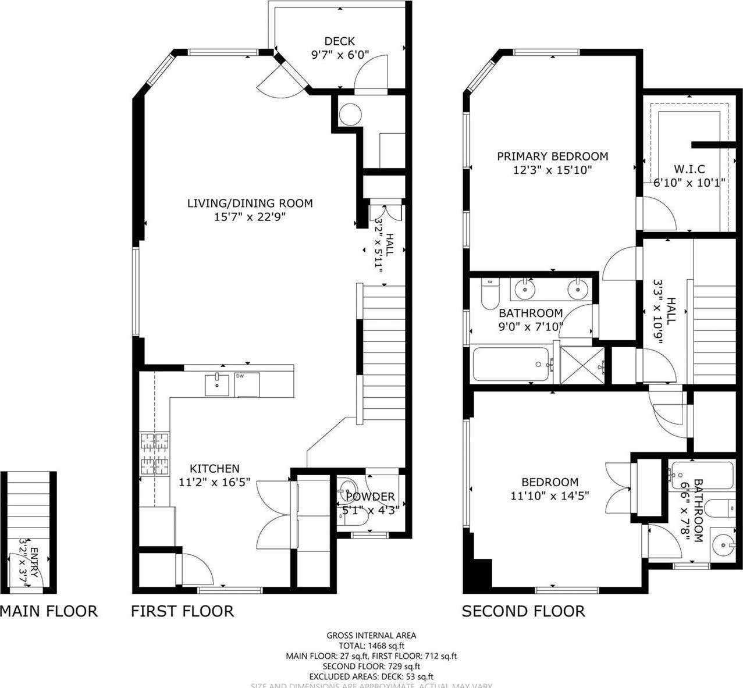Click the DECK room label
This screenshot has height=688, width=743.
[x=339, y=41]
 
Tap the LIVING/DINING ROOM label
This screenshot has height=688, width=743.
[x=250, y=203]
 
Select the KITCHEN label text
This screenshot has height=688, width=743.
[x=215, y=468]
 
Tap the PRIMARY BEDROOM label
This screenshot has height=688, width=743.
[x=552, y=156]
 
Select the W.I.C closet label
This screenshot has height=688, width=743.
[x=689, y=169]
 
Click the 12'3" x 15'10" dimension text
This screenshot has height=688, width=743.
[x=552, y=170]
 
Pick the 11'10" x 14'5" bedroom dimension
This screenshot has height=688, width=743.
[x=550, y=496]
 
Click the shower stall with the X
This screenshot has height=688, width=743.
[x=582, y=365]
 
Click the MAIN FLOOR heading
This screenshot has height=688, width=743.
[x=49, y=611]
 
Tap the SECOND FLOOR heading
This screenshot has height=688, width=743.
[x=523, y=611]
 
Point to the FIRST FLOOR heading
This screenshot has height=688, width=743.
[x=182, y=611]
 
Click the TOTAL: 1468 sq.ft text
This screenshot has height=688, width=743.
[x=372, y=646]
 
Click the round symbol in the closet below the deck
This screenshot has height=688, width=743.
[x=350, y=115]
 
